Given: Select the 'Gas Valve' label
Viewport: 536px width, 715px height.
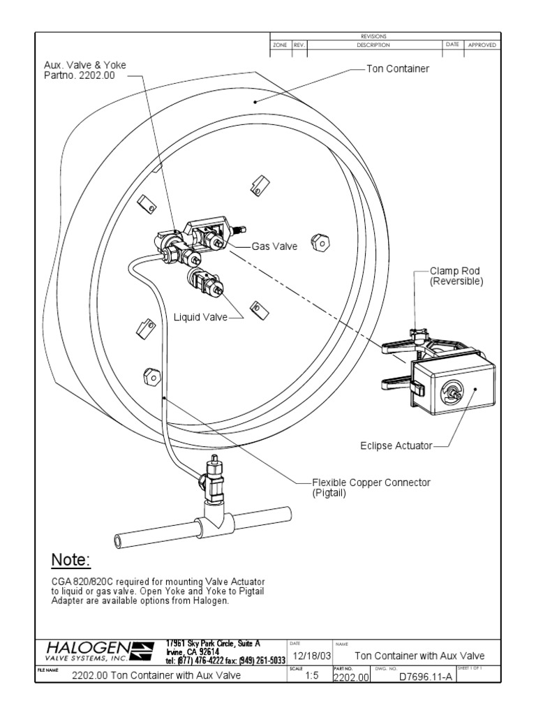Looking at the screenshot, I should pos(274,246).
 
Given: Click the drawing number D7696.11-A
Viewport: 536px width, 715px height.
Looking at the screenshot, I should pos(415,677).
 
